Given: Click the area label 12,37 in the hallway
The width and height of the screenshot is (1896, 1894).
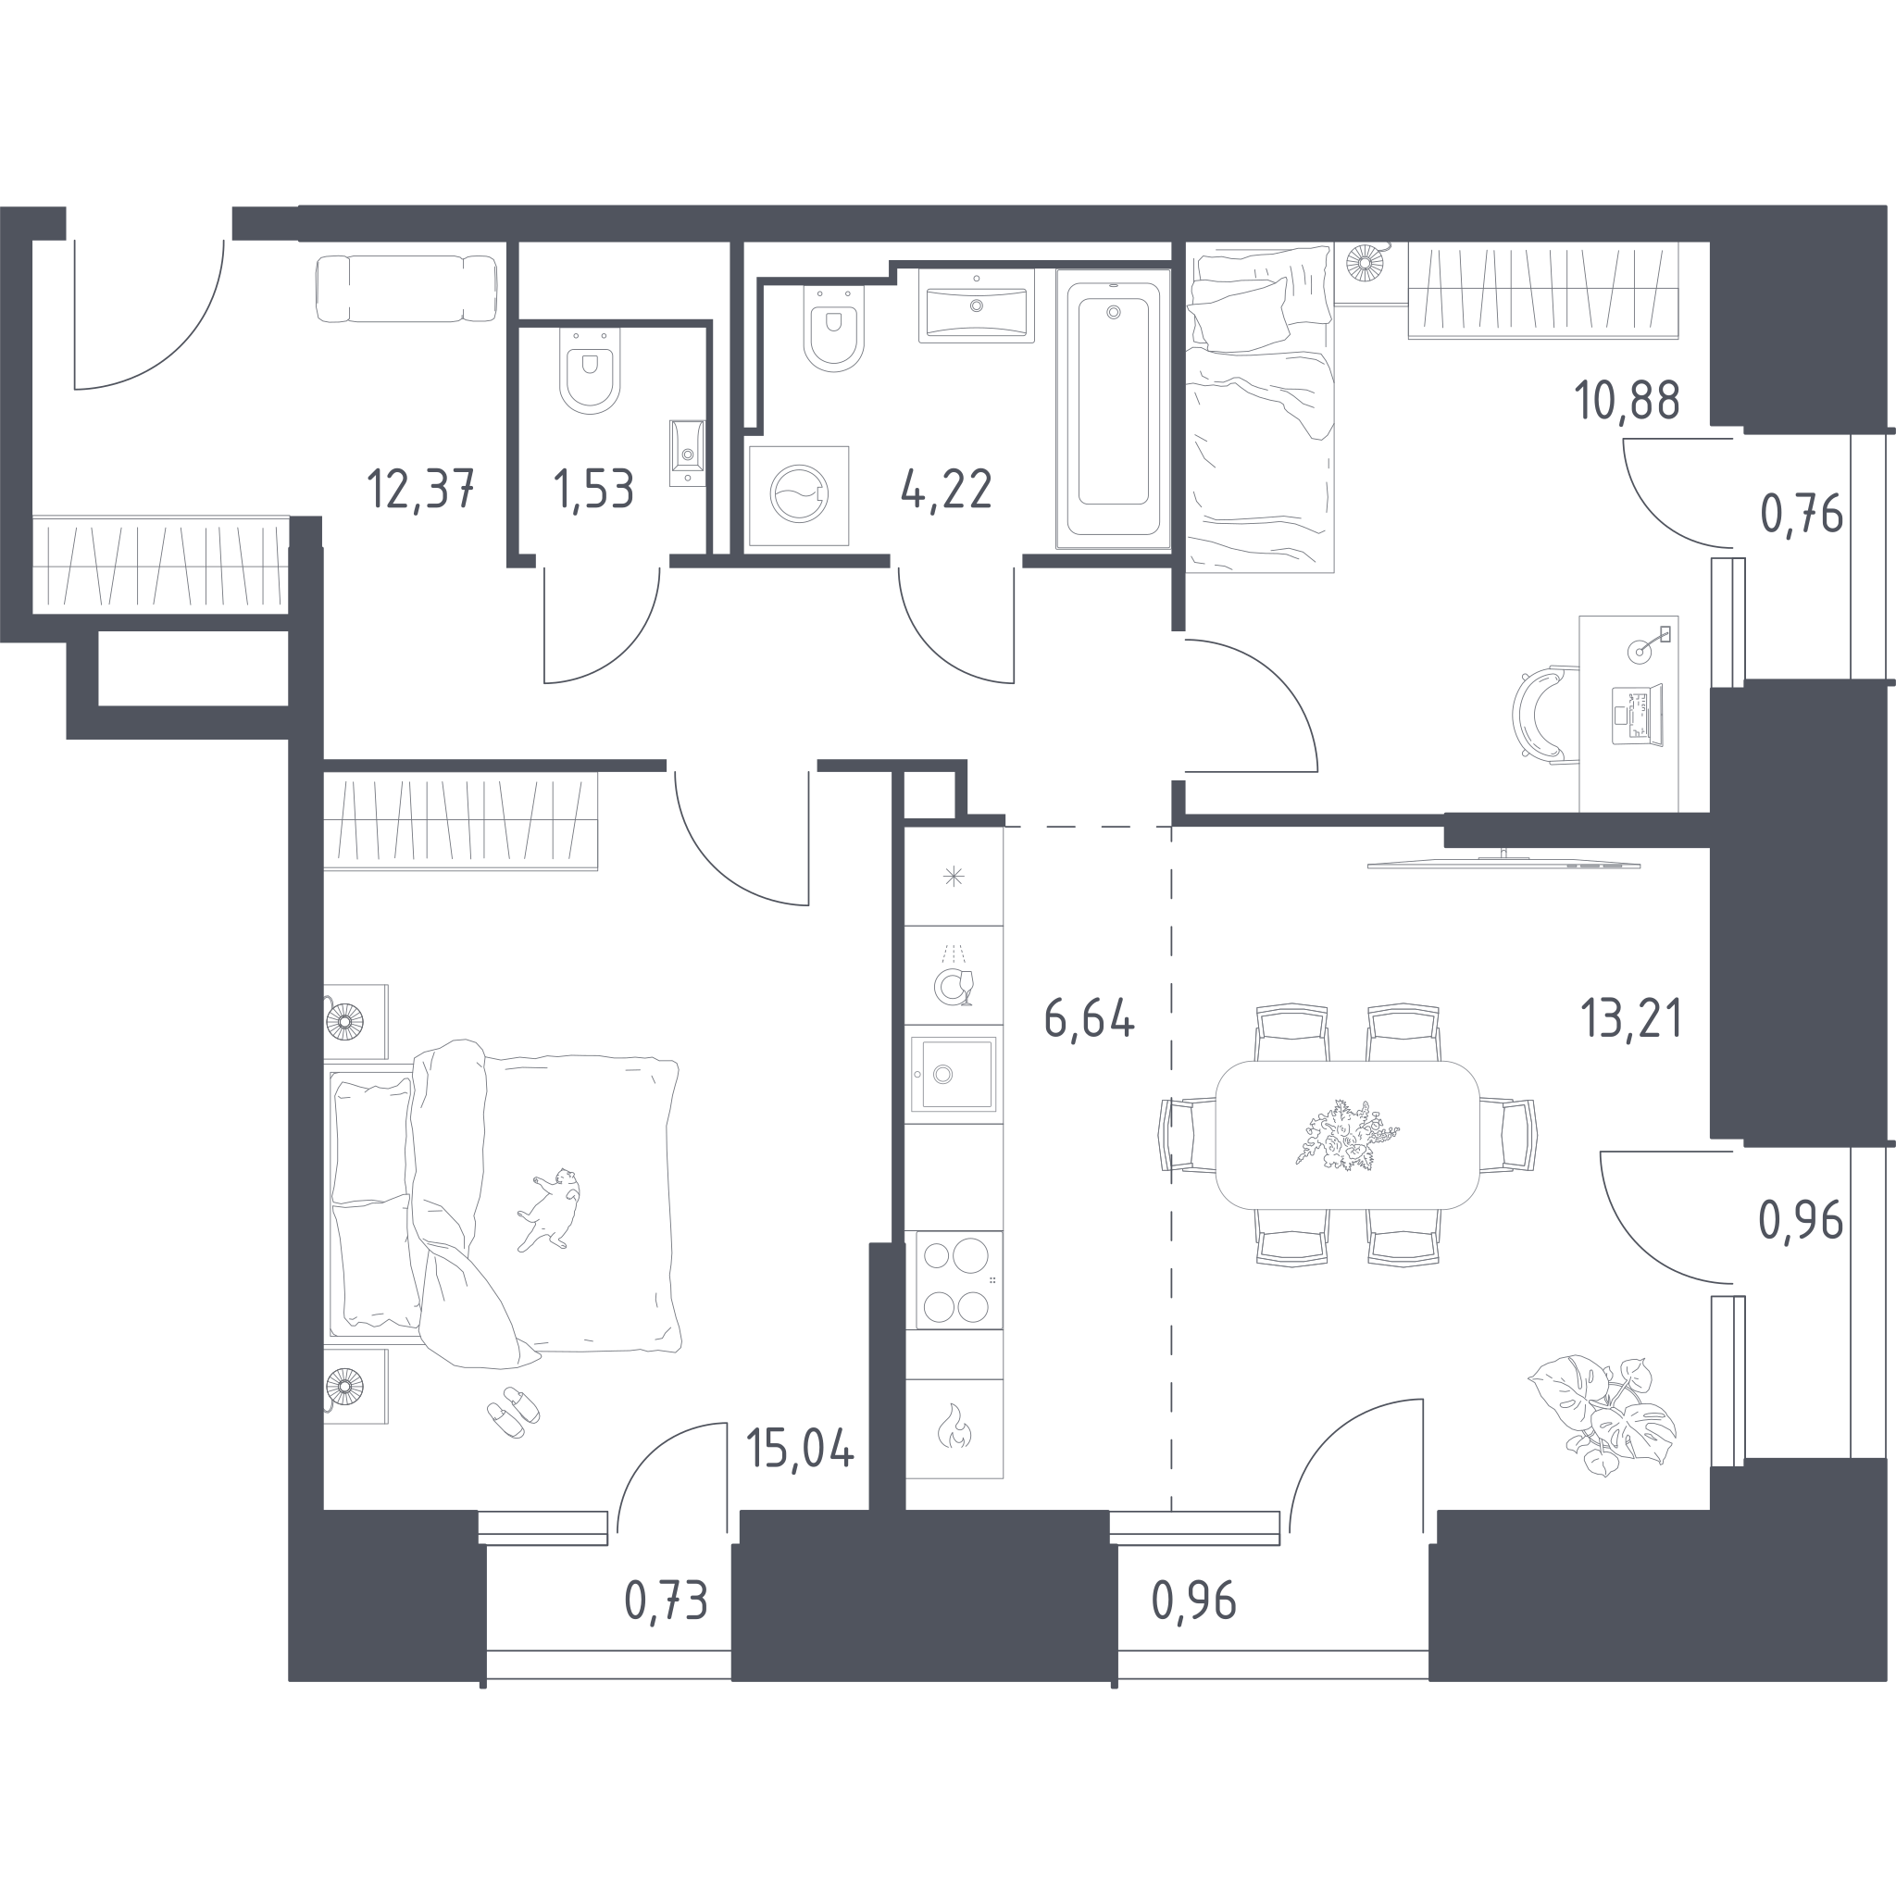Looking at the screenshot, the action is click(421, 489).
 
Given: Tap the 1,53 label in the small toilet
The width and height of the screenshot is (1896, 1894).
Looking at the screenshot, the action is click(593, 489).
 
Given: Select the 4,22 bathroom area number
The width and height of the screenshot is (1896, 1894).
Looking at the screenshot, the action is click(946, 489).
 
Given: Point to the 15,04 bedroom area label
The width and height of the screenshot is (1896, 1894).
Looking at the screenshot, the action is click(800, 1449).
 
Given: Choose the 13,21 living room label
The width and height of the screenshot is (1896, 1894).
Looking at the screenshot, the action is click(1631, 1018).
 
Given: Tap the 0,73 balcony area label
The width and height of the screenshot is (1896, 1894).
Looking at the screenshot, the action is click(667, 1601).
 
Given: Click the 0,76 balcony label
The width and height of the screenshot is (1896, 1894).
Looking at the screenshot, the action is click(1802, 513).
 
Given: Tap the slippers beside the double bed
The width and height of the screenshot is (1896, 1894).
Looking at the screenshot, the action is click(513, 1412).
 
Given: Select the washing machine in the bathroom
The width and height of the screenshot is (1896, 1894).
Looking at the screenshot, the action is click(799, 495).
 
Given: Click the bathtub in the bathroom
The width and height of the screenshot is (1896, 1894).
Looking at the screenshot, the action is click(1113, 409).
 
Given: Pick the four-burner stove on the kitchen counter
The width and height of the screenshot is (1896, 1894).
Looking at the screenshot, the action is click(954, 1280).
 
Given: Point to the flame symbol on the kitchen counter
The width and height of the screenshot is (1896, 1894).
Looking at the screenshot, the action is click(953, 1427).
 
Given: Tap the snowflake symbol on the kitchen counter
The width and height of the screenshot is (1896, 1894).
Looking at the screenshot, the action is click(953, 877).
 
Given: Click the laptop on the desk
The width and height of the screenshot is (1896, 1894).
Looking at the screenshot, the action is click(1638, 715).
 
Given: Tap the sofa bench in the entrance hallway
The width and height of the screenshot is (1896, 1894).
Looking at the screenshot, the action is click(406, 289).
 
